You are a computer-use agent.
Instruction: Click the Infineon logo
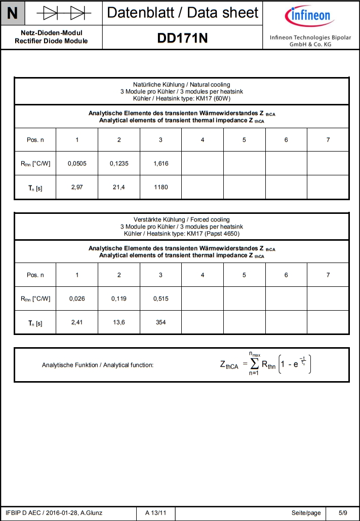point(309,16)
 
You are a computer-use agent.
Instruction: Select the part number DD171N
point(183,39)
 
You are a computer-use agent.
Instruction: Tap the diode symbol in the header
point(64,13)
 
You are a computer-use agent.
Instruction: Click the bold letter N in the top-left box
point(12,13)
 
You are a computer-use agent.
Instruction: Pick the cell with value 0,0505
point(77,164)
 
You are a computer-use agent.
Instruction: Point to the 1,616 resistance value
point(161,164)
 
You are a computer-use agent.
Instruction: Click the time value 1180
point(161,188)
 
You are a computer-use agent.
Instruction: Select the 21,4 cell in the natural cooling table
point(119,188)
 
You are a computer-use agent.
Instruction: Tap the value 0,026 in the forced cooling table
point(77,299)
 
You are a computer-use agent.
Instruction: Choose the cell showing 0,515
point(161,299)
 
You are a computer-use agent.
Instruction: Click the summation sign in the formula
point(254,364)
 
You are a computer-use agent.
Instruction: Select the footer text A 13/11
point(155,513)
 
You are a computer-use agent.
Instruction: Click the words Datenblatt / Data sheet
point(183,13)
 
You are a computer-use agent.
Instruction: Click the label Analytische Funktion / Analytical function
point(98,365)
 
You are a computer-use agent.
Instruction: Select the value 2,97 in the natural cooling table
point(77,188)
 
